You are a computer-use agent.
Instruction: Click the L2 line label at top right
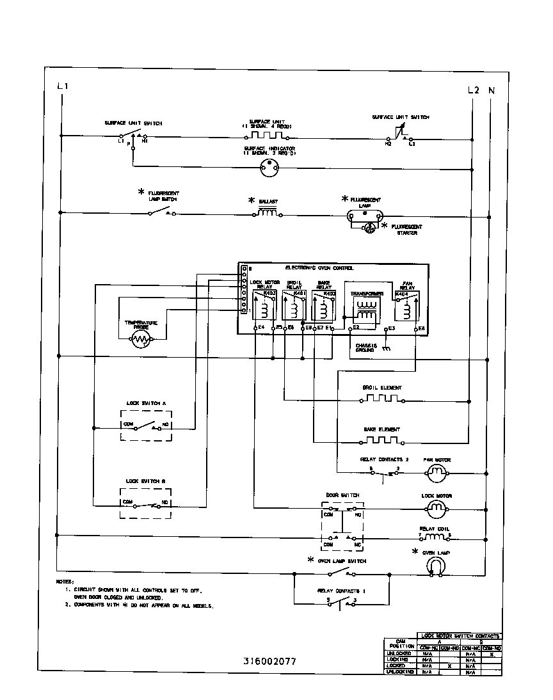pyautogui.click(x=473, y=90)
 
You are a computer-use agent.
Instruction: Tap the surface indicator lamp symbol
pyautogui.click(x=269, y=168)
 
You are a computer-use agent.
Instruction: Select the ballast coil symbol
pyautogui.click(x=268, y=213)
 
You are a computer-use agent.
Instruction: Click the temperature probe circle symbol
pyautogui.click(x=140, y=341)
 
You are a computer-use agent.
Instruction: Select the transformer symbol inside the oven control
pyautogui.click(x=366, y=310)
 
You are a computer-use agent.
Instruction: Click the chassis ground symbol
pyautogui.click(x=387, y=349)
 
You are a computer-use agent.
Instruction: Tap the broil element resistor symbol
pyautogui.click(x=382, y=399)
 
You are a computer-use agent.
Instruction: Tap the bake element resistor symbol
pyautogui.click(x=382, y=440)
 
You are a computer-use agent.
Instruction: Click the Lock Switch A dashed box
pyautogui.click(x=147, y=425)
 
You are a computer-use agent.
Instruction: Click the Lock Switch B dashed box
pyautogui.click(x=147, y=502)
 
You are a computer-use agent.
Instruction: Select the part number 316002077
pyautogui.click(x=269, y=662)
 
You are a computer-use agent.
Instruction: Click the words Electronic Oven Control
pyautogui.click(x=319, y=268)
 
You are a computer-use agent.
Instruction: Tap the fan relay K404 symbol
pyautogui.click(x=406, y=306)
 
